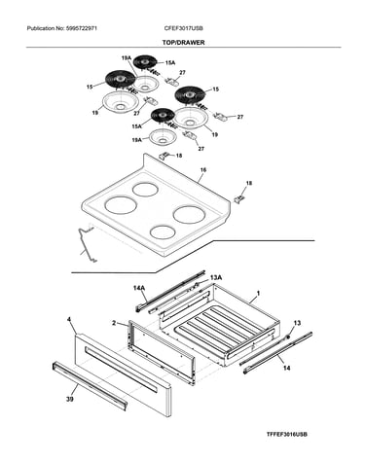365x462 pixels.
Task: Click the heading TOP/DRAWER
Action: (x=183, y=43)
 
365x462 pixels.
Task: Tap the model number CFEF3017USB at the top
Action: (x=184, y=28)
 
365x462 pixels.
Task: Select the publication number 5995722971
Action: (x=81, y=28)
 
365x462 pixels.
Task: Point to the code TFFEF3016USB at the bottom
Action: (x=287, y=434)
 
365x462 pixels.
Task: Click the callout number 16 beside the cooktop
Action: (x=203, y=170)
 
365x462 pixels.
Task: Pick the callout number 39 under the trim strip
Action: (x=69, y=399)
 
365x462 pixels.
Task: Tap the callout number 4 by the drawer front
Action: (x=69, y=320)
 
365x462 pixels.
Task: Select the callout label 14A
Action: (x=139, y=288)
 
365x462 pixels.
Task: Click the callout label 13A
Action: (x=216, y=277)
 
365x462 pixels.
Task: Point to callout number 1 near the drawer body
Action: (x=258, y=293)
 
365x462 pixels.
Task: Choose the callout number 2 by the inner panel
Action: (x=114, y=323)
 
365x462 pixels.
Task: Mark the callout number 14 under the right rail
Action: (x=287, y=368)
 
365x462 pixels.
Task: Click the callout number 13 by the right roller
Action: (x=297, y=323)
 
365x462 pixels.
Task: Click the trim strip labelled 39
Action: (x=90, y=386)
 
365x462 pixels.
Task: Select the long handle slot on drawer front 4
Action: (x=121, y=370)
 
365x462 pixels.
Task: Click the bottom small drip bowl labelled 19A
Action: (x=163, y=137)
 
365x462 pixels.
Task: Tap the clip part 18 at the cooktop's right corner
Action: (x=239, y=199)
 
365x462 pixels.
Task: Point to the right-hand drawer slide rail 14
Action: (x=277, y=352)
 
